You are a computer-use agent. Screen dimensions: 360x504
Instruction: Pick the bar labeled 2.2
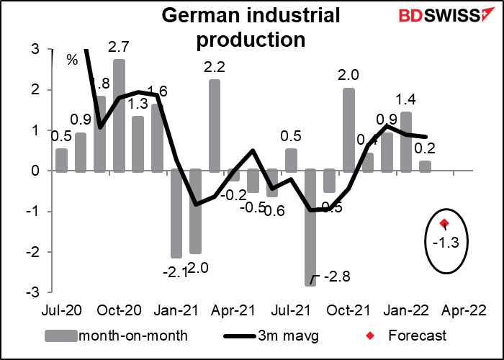pyautogui.click(x=215, y=126)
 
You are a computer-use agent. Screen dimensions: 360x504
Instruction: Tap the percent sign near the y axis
pyautogui.click(x=72, y=60)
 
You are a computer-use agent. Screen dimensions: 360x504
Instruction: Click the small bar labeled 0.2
pyautogui.click(x=426, y=166)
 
